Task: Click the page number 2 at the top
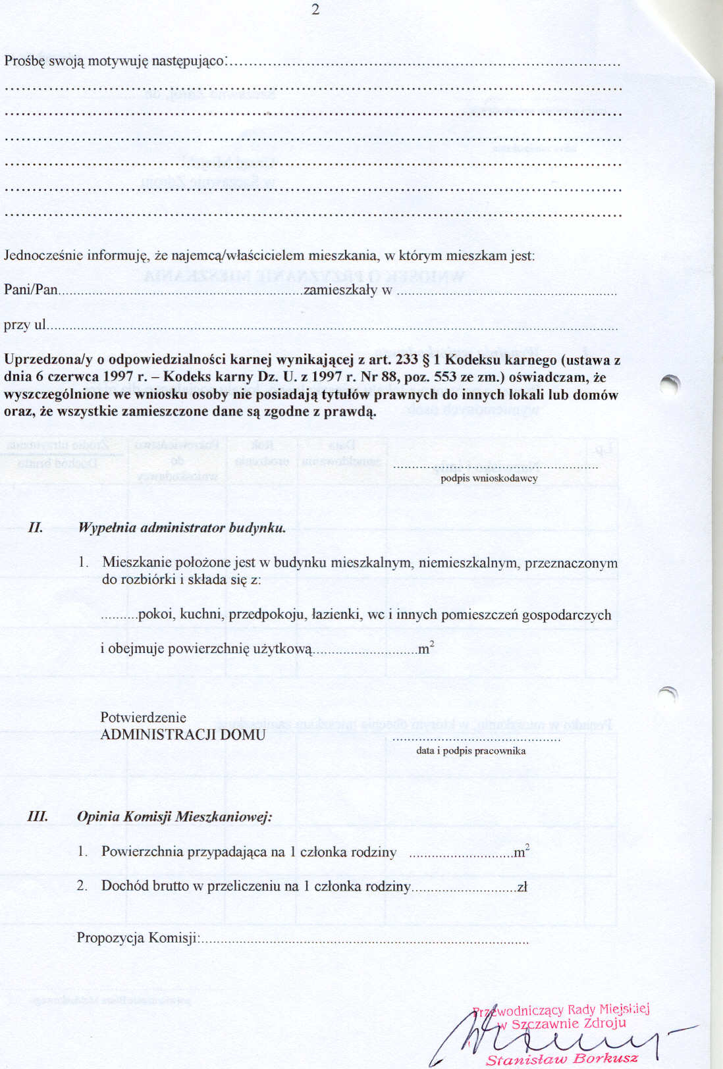click(315, 9)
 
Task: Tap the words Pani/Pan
click(31, 290)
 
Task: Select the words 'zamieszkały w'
click(348, 290)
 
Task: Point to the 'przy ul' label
click(25, 325)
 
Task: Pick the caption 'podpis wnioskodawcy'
click(489, 479)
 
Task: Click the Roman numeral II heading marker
click(36, 527)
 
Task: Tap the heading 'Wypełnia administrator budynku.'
click(182, 527)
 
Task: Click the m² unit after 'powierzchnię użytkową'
click(426, 648)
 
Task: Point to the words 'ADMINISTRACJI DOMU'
click(183, 735)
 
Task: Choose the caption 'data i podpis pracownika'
click(471, 750)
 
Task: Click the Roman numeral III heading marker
click(38, 817)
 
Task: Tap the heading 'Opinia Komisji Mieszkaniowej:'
click(174, 817)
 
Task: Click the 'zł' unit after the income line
click(522, 887)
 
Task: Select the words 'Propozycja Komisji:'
click(138, 937)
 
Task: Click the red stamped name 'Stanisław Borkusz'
click(562, 1058)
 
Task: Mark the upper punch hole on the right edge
click(670, 386)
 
